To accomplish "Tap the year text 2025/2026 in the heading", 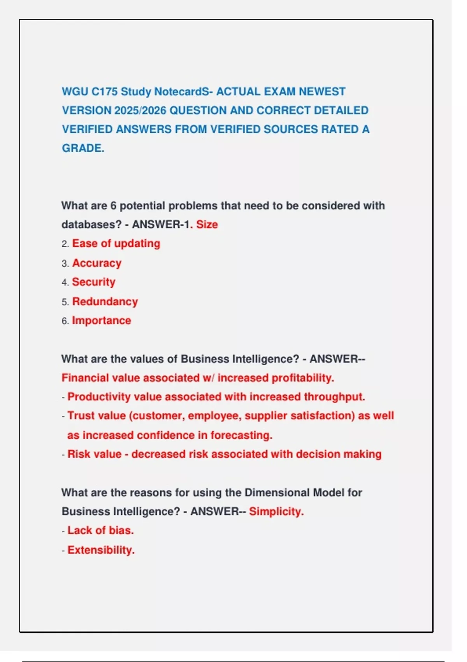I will click(x=140, y=111).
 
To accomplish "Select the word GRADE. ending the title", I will click(x=83, y=148).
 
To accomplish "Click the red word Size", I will click(x=207, y=225).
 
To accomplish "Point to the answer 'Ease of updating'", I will click(x=116, y=244).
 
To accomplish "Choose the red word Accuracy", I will click(x=97, y=263).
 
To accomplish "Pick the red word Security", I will click(x=94, y=282).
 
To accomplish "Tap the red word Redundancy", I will click(x=105, y=302).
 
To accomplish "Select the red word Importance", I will click(x=102, y=320).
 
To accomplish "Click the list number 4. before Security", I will click(x=65, y=282).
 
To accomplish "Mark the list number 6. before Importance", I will click(x=65, y=321).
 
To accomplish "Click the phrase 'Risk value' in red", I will click(x=95, y=454).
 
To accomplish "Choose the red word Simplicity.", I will click(x=276, y=512).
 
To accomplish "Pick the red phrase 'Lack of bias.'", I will click(x=100, y=531).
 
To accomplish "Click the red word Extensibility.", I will click(x=101, y=550).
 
